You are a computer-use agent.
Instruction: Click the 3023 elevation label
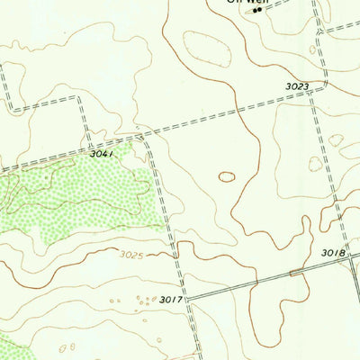(299, 86)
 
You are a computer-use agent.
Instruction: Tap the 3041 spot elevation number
(102, 155)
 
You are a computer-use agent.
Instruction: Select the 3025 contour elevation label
(131, 255)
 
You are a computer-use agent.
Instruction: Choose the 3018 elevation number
(333, 255)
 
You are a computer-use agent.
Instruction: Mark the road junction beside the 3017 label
(188, 296)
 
